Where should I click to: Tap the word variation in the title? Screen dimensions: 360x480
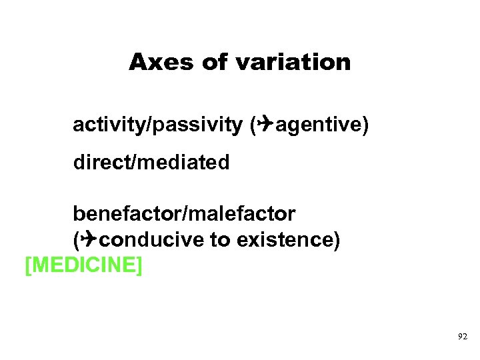pos(293,62)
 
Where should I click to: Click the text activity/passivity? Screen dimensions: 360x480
pos(158,125)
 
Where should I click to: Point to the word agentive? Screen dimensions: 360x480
pos(318,125)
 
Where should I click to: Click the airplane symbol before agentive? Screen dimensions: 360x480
pos(266,124)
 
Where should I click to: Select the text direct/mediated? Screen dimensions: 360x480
pos(151,162)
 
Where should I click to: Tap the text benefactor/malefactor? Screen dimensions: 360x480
pos(184,214)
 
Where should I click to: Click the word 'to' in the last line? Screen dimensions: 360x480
pos(219,240)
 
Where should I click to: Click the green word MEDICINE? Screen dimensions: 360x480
pos(83,265)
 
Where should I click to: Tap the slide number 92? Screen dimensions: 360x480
pos(463,338)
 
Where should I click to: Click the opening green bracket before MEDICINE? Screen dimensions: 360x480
pos(27,265)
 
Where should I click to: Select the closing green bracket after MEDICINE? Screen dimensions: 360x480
pos(139,265)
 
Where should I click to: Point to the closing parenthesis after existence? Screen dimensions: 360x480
pos(337,240)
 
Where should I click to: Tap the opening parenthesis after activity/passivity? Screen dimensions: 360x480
pos(253,125)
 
